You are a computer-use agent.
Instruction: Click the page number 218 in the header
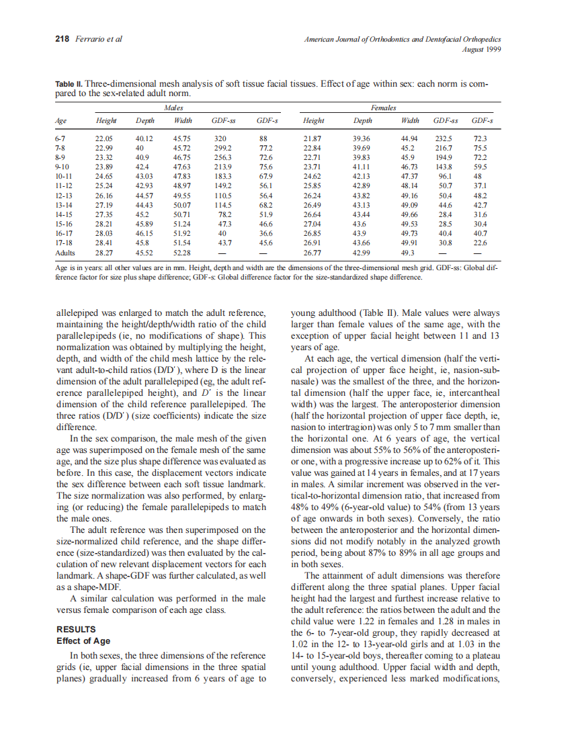pos(62,39)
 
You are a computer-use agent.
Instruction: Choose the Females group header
pos(383,108)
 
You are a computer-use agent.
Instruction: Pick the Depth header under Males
pos(145,121)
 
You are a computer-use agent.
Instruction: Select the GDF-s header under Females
pos(483,121)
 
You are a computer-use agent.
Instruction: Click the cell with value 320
pos(219,138)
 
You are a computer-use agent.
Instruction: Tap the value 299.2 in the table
pos(222,147)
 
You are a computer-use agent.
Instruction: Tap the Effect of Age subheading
pos(83,640)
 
